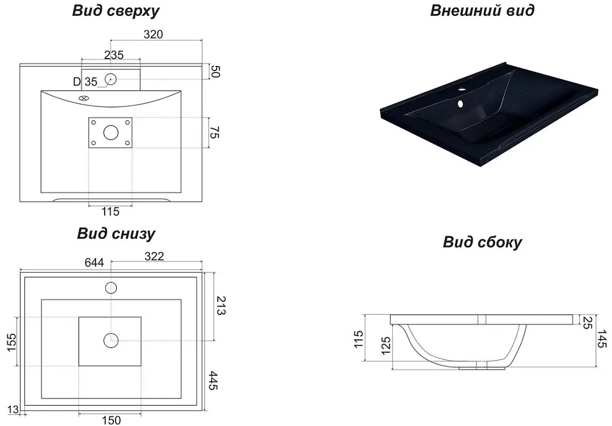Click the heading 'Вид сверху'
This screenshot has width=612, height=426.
pos(116,11)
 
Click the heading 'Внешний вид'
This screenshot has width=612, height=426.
pos(482,10)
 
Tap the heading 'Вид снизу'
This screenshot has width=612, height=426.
pos(116,233)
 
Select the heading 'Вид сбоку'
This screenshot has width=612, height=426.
pos(482,242)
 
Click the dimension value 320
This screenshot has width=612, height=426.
pos(153,34)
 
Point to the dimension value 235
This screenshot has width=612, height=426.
pos(114,55)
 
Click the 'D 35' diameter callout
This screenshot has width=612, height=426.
pos(85,82)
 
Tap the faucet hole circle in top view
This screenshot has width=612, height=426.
pos(110,79)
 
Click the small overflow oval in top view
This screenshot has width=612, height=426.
pos(83,98)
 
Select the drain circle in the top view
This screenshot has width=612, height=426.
pos(111,133)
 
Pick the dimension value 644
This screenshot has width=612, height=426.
pos(94,262)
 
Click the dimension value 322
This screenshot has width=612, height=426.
pos(154,256)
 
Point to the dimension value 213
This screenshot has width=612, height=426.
pos(220,306)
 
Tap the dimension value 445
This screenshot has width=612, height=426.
pos(213,380)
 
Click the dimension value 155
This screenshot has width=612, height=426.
pos(12,342)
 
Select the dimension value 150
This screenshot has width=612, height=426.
pos(111,420)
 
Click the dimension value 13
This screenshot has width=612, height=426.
pos(13,409)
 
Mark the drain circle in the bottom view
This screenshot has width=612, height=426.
pos(111,340)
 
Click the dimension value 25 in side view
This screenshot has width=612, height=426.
pos(587,322)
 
